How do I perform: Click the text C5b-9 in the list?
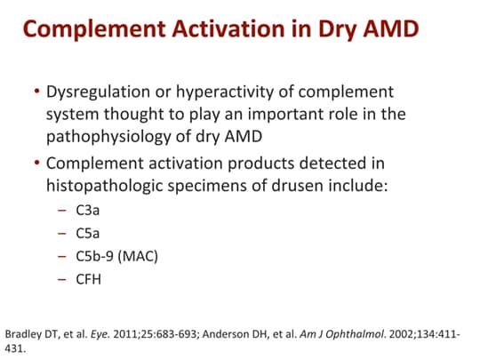[95, 258]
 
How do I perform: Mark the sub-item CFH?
[89, 281]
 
